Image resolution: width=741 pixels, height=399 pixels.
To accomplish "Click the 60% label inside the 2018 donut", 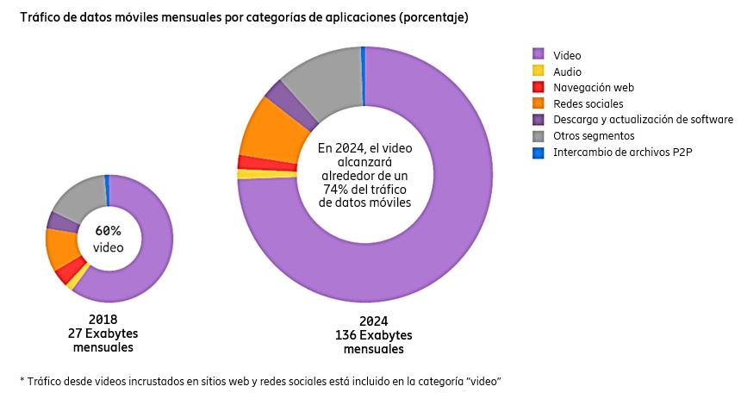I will [109, 231].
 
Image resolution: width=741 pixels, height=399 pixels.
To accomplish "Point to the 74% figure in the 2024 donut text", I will [331, 189].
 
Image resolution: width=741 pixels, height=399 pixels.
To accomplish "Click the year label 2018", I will [103, 320].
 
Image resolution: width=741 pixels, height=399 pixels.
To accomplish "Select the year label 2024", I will [373, 321].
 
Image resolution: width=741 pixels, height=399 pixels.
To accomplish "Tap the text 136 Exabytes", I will [373, 335].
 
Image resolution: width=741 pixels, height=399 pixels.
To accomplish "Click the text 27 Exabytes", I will [103, 334].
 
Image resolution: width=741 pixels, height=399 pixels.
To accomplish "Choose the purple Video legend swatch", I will [539, 56].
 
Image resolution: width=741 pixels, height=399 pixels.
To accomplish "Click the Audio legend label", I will [567, 72].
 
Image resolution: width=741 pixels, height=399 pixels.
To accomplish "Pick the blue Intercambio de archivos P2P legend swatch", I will [539, 153].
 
